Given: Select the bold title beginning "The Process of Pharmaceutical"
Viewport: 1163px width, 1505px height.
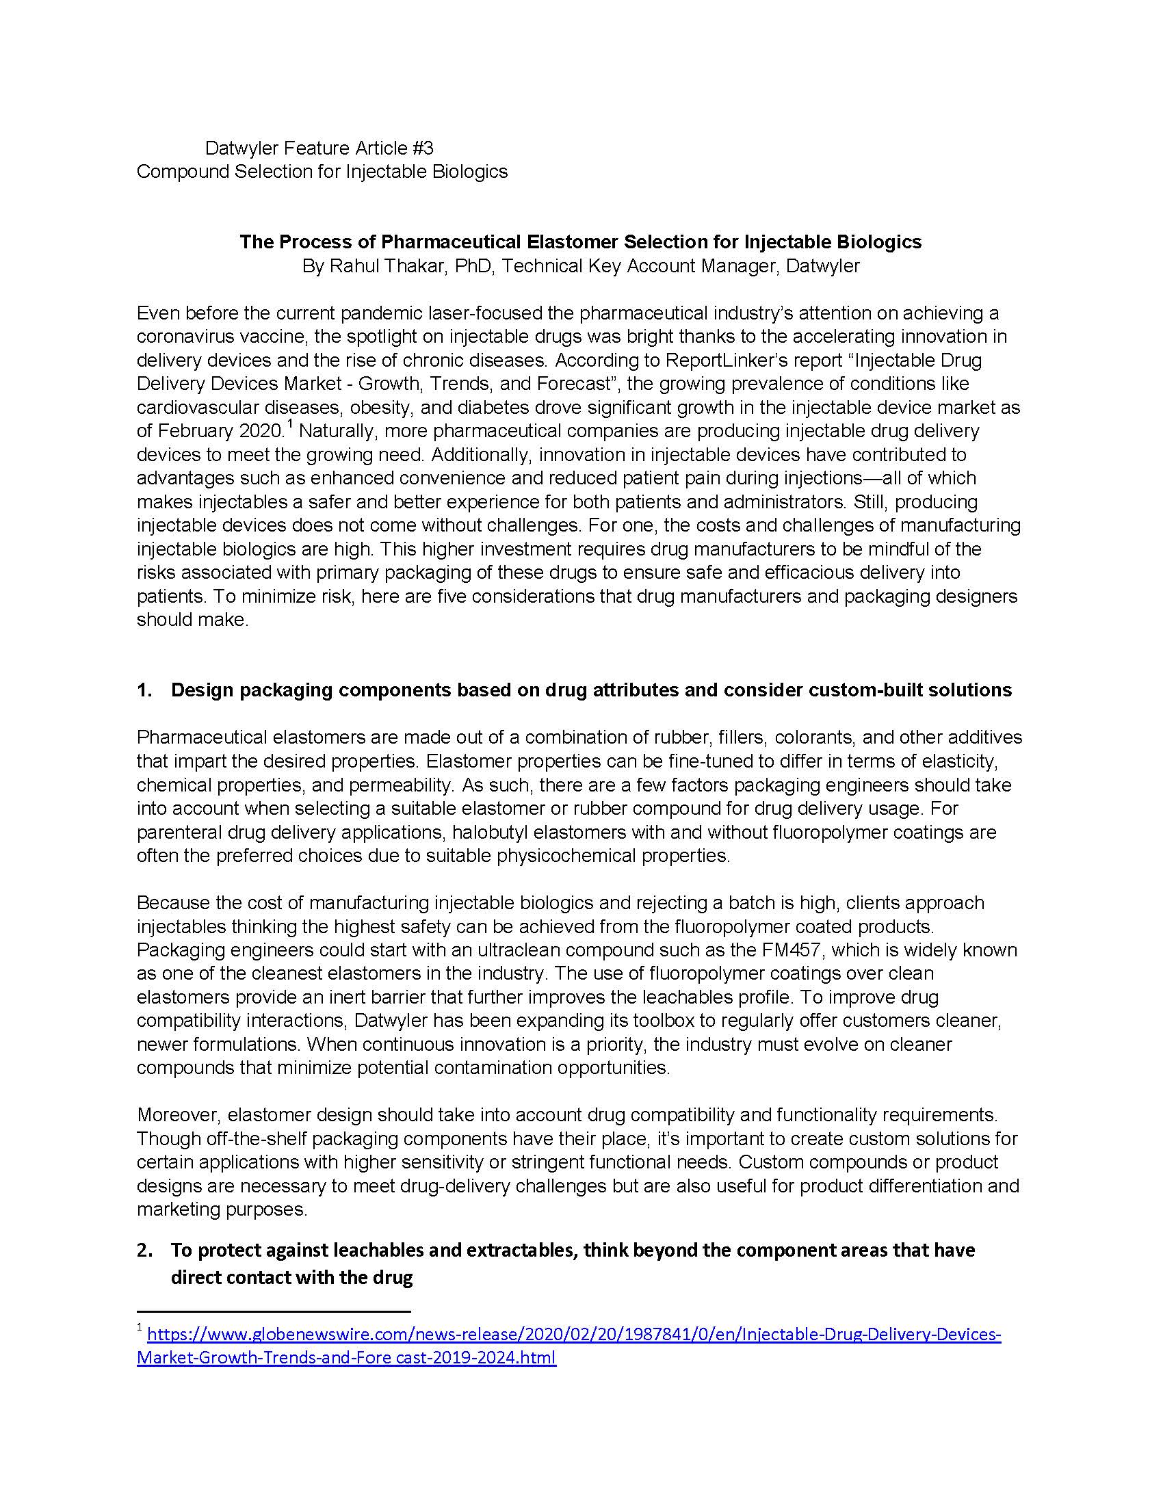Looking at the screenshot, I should (580, 242).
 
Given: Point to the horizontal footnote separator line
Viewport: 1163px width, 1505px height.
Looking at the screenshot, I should (274, 1311).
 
